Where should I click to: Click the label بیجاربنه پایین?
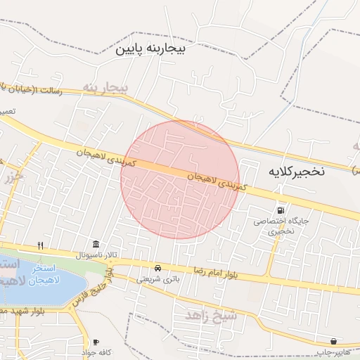pyautogui.click(x=153, y=49)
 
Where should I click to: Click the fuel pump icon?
pyautogui.click(x=282, y=210)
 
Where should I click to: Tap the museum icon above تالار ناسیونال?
pyautogui.click(x=96, y=243)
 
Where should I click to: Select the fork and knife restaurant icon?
pyautogui.click(x=41, y=245)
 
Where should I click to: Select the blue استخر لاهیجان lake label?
pyautogui.click(x=28, y=274)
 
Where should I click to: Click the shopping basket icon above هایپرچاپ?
pyautogui.click(x=333, y=341)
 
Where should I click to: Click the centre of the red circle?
pyautogui.click(x=180, y=179)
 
